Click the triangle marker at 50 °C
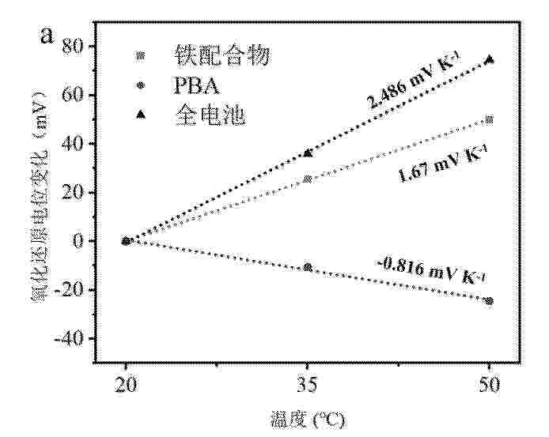point(490,58)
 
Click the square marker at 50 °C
point(490,119)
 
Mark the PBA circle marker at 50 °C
point(490,301)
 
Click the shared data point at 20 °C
point(126,241)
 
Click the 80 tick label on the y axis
point(72,46)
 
